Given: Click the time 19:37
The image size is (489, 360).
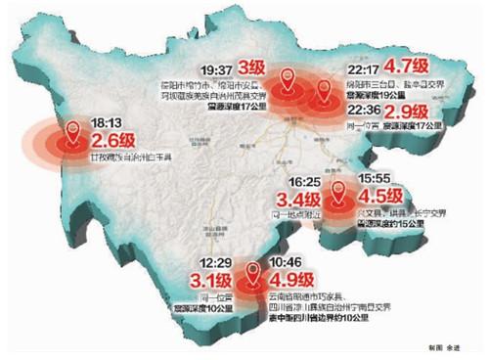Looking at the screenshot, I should click(215, 71).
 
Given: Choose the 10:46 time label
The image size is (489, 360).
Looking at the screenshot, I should click(280, 263).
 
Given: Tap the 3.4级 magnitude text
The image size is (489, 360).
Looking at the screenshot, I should click(298, 204).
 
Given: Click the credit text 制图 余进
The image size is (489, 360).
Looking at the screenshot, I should click(440, 348).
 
